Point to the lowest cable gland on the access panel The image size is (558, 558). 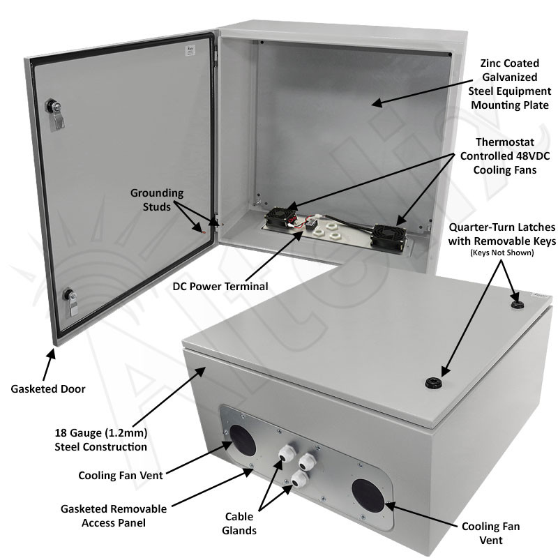[299, 479]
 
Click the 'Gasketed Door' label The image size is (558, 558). [48, 389]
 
